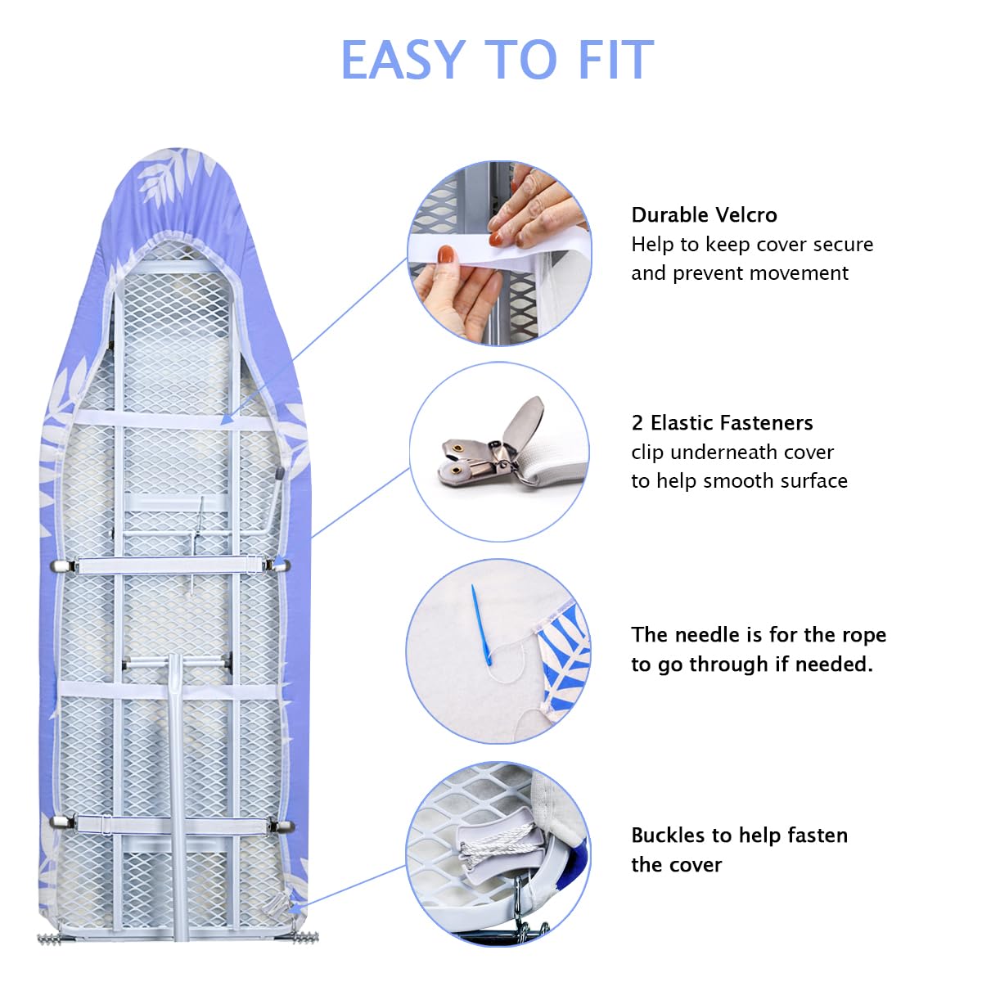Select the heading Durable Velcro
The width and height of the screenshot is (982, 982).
(x=704, y=215)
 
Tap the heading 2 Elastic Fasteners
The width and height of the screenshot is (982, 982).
(x=722, y=423)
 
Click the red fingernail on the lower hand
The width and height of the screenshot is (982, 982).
(x=445, y=255)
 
